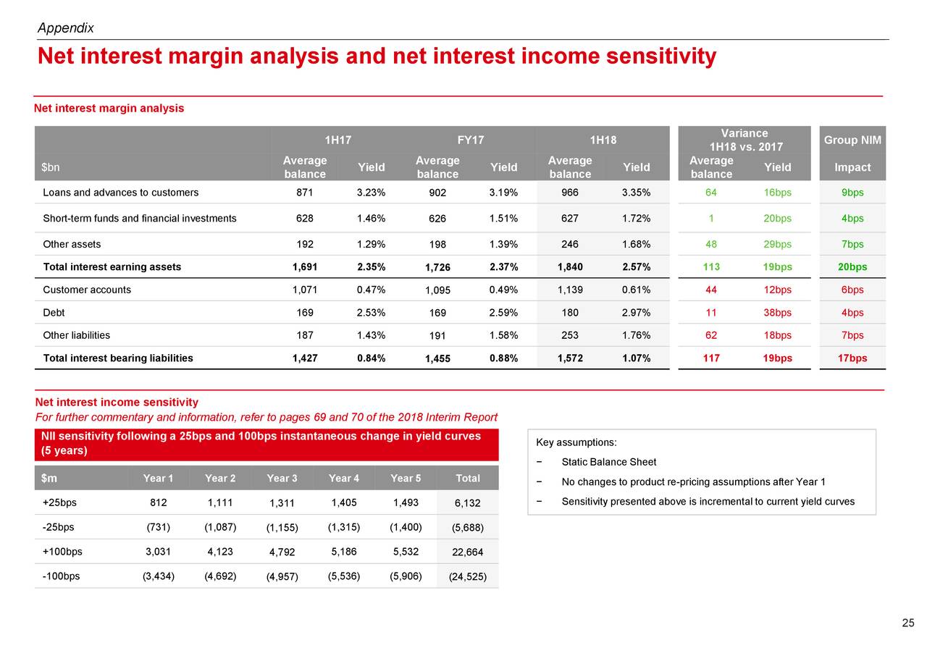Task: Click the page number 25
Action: (x=908, y=623)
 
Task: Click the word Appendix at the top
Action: (x=65, y=28)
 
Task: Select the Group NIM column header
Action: (x=852, y=140)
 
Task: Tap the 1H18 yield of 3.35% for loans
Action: (x=636, y=193)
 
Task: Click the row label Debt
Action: (x=54, y=313)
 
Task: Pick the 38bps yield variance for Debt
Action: (x=777, y=313)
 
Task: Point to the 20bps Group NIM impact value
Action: (x=852, y=267)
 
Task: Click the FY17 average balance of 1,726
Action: (x=437, y=268)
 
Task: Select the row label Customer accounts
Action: (x=87, y=290)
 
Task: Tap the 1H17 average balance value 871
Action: (x=305, y=193)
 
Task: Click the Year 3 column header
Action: (x=282, y=478)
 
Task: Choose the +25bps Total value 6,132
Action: (x=467, y=503)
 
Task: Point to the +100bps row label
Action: (x=62, y=552)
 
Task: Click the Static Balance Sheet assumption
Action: (x=608, y=463)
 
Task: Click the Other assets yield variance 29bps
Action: (x=777, y=244)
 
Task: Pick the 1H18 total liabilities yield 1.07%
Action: (x=636, y=358)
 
